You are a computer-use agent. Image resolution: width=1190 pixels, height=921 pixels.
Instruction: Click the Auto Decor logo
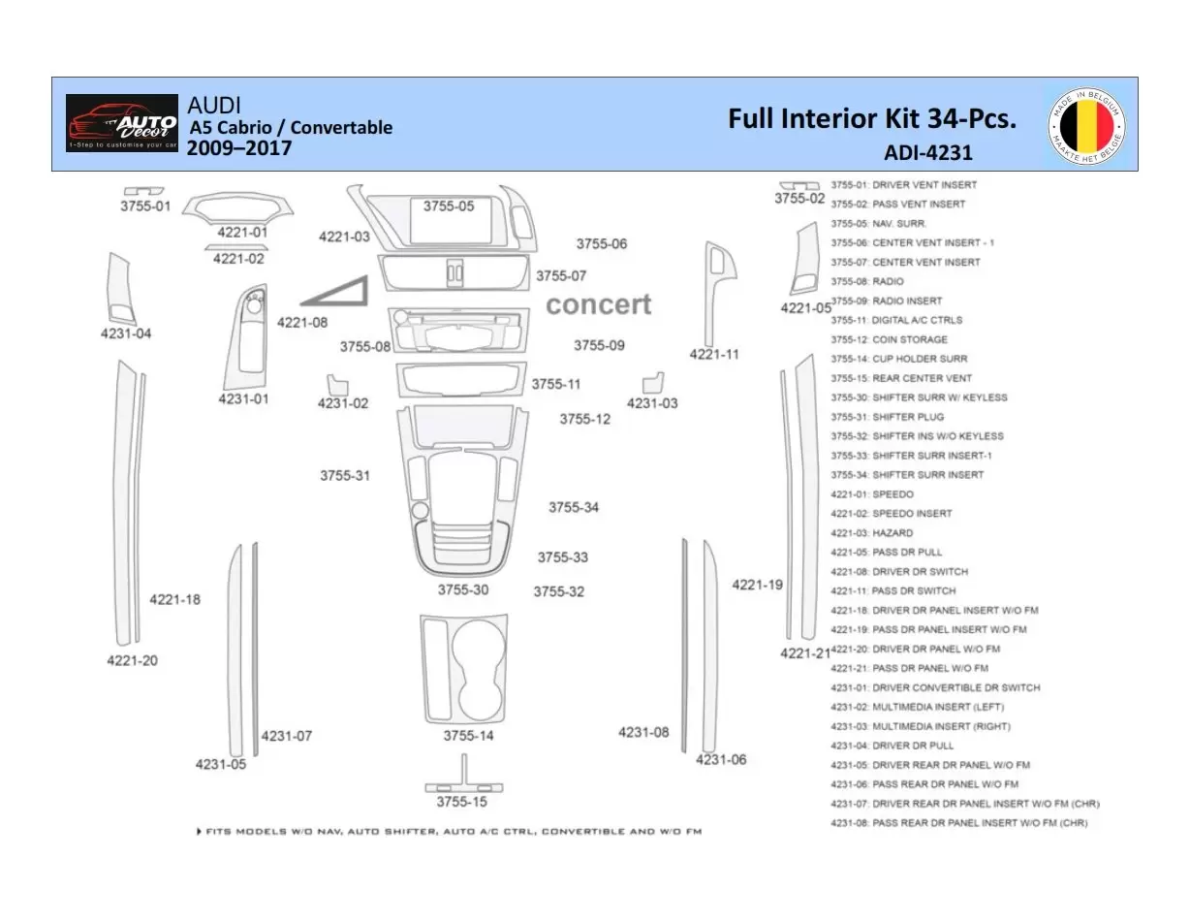click(122, 123)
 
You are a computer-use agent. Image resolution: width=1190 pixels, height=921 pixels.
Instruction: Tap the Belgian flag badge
click(1086, 125)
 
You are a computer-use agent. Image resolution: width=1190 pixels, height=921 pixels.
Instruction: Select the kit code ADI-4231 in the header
click(927, 152)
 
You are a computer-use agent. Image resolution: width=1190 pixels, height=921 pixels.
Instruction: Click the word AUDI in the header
click(214, 105)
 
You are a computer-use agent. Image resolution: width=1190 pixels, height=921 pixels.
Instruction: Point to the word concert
click(598, 304)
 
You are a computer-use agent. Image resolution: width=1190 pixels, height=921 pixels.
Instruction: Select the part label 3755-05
click(449, 206)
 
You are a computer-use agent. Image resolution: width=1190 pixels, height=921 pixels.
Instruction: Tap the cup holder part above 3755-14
click(465, 668)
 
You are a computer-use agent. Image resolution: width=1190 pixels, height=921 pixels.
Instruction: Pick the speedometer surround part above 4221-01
click(239, 208)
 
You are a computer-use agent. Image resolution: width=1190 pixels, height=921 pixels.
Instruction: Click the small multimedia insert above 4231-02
click(336, 383)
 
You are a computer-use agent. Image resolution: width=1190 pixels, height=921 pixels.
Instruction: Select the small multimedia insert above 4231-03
click(653, 380)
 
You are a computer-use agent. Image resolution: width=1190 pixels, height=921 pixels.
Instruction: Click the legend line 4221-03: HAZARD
click(871, 533)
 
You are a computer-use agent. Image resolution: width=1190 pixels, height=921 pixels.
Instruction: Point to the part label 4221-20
click(132, 661)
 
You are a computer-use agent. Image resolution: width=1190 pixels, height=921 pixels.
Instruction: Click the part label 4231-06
click(721, 760)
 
